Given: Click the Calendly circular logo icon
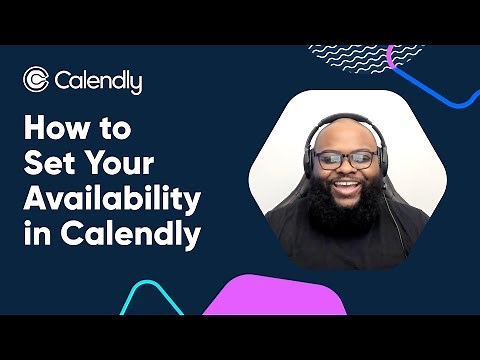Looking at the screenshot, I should click(x=36, y=80).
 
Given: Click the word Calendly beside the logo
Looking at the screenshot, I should click(x=99, y=81).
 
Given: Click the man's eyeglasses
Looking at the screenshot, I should click(x=345, y=160).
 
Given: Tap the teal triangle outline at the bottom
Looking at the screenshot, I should click(x=150, y=300).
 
